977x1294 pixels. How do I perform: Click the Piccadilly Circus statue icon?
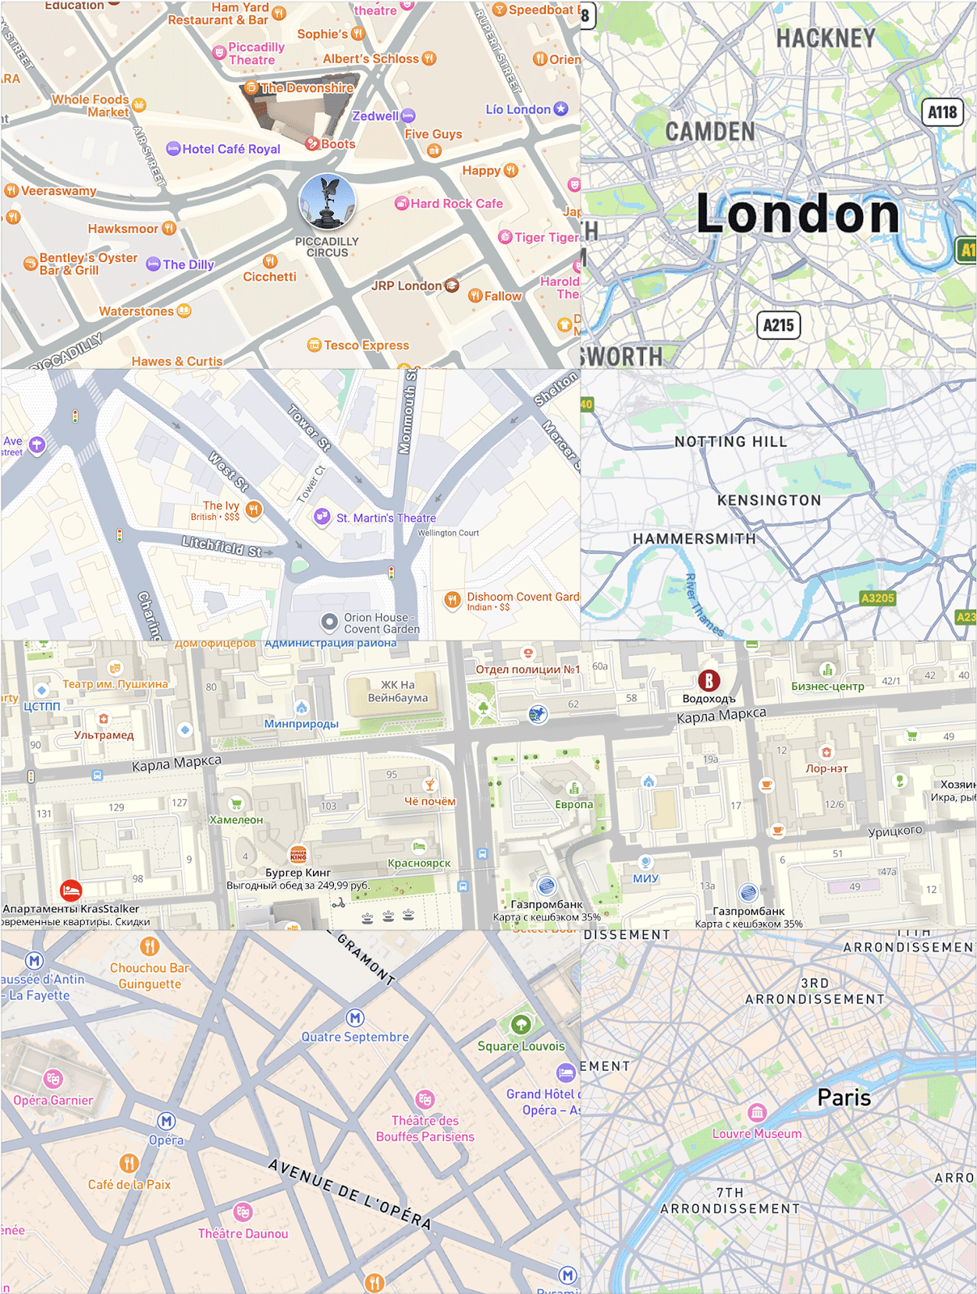point(327,201)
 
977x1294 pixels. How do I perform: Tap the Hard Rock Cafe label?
point(456,204)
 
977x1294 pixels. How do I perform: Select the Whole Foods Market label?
point(91,106)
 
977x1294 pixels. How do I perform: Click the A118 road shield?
point(942,112)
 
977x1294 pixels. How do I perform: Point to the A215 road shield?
point(778,325)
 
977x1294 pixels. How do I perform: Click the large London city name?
point(797,215)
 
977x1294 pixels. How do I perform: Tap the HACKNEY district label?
point(826,38)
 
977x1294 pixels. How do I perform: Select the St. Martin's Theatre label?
point(386,518)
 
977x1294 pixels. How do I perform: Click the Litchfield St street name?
point(221,547)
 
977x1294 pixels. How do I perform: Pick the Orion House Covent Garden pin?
point(329,622)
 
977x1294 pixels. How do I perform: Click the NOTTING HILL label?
point(730,442)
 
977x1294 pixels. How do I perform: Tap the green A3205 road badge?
point(878,598)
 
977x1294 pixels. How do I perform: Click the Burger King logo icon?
point(298,855)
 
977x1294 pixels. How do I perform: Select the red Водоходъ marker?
point(708,681)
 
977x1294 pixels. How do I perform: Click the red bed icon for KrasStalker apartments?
point(71,890)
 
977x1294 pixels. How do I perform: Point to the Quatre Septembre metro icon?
point(355,1017)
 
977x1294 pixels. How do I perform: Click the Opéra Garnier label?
point(53,1101)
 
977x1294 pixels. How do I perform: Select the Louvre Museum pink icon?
point(757,1112)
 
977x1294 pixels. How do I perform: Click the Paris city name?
point(844,1097)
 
